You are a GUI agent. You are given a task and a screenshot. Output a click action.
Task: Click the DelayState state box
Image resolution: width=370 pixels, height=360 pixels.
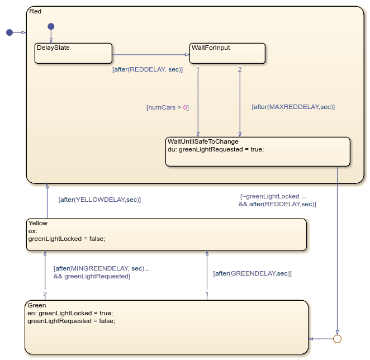pos(73,54)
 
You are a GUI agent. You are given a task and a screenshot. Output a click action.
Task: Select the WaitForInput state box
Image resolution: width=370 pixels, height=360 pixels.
pos(227,54)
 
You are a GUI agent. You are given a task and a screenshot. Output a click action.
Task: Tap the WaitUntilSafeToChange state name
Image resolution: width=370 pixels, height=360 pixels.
pos(207,141)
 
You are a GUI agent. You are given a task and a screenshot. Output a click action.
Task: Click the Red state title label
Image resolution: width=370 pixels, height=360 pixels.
pos(35,11)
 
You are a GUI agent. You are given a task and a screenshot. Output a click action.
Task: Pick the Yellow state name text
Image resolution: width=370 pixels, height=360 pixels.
pos(38,223)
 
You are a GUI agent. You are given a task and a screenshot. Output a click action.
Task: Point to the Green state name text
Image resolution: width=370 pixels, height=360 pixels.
pos(37,305)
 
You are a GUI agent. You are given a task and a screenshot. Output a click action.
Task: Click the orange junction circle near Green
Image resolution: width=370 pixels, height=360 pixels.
pos(337,338)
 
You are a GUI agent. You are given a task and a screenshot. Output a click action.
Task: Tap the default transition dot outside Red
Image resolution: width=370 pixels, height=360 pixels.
pos(10,32)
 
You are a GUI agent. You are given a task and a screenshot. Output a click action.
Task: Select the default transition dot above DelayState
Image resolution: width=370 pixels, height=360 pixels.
pos(51,26)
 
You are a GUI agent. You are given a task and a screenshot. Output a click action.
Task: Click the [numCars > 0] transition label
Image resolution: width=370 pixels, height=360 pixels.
pos(167,107)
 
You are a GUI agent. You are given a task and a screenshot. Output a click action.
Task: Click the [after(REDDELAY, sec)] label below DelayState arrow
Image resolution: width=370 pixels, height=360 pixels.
pos(148,69)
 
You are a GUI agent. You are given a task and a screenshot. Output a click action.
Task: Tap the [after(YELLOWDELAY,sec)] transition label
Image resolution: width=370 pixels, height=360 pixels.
pos(99,199)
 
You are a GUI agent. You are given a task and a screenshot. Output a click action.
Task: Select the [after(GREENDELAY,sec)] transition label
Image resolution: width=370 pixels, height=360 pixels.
pos(252,273)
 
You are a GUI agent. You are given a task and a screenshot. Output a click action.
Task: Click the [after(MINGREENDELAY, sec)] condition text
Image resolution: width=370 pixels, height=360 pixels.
pos(101,268)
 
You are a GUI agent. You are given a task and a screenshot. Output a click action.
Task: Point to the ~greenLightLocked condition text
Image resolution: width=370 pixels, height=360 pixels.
pos(273,196)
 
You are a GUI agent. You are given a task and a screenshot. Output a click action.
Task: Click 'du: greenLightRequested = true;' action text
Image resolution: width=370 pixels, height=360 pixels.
pos(216,149)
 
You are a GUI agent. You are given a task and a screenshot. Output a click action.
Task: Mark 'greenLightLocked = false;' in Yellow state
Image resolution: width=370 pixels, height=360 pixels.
pos(67,238)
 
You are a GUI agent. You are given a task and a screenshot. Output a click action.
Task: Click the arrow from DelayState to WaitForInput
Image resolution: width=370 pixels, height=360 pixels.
pos(151,55)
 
